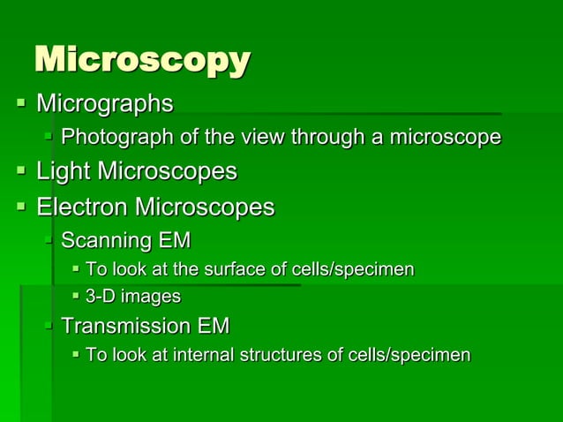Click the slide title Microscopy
141,61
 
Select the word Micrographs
104,104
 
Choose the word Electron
81,207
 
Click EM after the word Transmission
214,326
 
